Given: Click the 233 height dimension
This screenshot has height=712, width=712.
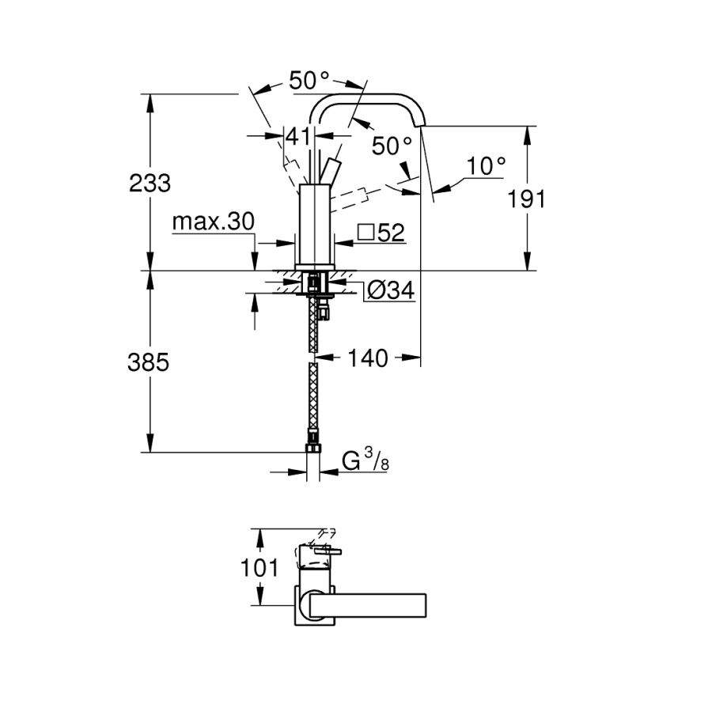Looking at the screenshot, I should tap(150, 183).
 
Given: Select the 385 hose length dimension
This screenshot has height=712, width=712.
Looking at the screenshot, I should tap(150, 362).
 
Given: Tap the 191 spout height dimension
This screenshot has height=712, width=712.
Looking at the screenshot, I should tap(528, 199).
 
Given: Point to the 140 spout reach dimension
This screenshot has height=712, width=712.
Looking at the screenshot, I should tap(367, 358).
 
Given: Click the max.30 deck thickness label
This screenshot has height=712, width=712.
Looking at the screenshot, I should tap(213, 222).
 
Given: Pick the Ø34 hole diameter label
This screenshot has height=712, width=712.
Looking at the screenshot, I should tap(390, 291).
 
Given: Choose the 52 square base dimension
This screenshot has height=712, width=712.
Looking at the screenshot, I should tap(391, 232).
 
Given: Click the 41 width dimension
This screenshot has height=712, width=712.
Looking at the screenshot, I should tap(297, 136).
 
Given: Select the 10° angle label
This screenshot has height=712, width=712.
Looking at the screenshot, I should tap(486, 166).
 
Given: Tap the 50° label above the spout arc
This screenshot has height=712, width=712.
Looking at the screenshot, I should tap(309, 81).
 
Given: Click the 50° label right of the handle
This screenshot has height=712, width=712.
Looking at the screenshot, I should tap(392, 146).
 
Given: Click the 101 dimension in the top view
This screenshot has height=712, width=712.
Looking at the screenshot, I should tap(262, 567).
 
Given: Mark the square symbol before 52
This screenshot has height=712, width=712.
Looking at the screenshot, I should tap(365, 232).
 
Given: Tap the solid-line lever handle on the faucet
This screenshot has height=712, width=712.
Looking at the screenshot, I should tap(330, 172).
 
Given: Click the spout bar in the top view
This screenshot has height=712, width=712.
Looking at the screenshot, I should tap(368, 604).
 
